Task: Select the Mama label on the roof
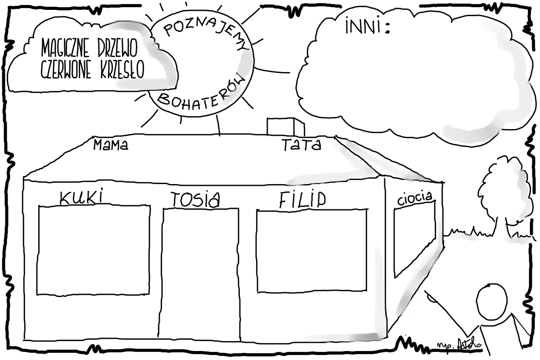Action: [111, 145]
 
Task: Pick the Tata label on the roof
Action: [301, 145]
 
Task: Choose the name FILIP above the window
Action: [301, 200]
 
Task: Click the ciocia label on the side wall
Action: [415, 198]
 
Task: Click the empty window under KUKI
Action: [93, 250]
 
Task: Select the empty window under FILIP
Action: [312, 250]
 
